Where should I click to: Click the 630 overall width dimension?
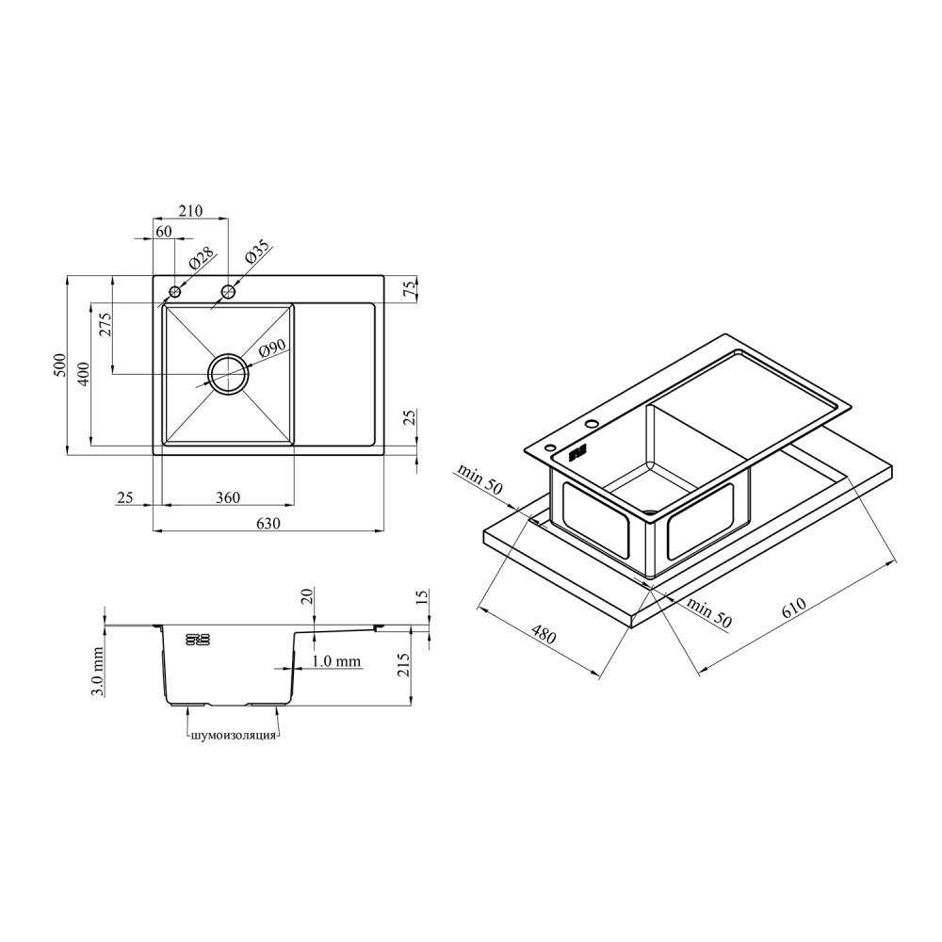point(268,523)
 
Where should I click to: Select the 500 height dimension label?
point(59,365)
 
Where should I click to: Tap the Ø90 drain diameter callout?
point(273,349)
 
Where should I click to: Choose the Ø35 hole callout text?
point(258,254)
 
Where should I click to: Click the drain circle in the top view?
point(228,374)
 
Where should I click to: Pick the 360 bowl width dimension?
point(228,497)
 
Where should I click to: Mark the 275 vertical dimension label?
point(105,326)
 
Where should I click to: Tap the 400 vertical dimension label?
point(83,374)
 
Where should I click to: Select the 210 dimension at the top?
point(191,211)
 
